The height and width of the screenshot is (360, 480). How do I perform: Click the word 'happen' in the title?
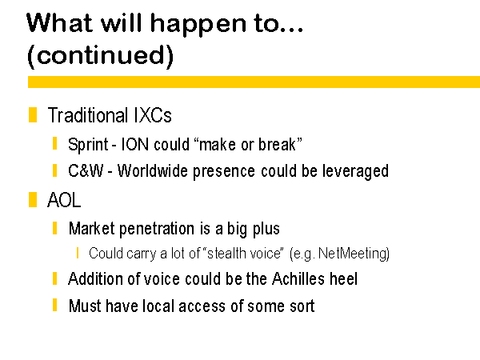198,25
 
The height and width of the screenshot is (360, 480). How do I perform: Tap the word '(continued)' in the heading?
101,56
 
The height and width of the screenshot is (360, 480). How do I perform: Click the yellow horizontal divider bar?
254,82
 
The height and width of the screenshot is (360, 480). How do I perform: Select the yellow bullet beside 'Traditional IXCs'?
33,114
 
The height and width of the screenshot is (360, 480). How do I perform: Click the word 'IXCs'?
153,115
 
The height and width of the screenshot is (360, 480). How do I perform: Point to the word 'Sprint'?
88,145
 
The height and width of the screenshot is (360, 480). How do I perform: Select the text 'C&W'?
86,171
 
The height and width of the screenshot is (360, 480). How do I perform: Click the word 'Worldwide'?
153,171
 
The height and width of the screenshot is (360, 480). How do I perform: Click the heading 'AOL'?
64,200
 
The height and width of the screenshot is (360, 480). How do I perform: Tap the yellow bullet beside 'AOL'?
33,199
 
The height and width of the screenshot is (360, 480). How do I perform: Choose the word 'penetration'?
156,230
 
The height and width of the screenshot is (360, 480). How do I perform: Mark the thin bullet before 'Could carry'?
78,253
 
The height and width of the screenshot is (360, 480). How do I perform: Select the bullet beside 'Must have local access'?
54,305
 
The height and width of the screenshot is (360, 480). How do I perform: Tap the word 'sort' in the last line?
302,306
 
